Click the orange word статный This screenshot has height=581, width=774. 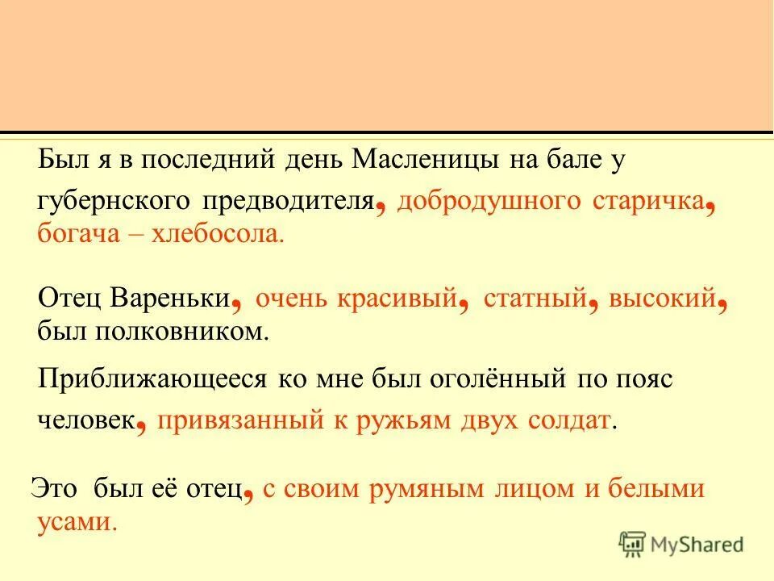click(x=535, y=299)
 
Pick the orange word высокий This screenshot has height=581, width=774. click(x=663, y=299)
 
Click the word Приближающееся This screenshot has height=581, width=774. click(x=153, y=379)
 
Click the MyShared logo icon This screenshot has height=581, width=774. click(x=633, y=543)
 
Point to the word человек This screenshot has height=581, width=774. click(x=85, y=421)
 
